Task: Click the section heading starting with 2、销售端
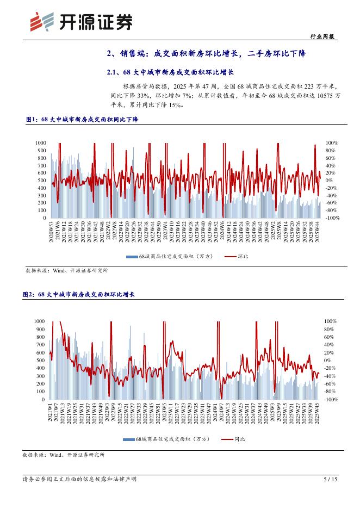207,53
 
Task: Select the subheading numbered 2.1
170,72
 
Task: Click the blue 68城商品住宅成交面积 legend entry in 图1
172,256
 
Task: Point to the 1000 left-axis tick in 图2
39,321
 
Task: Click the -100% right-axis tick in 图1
332,218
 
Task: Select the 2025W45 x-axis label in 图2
317,414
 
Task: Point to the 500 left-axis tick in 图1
41,181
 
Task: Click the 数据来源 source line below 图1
67,270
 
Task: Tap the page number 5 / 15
331,479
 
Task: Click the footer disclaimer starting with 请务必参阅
80,479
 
